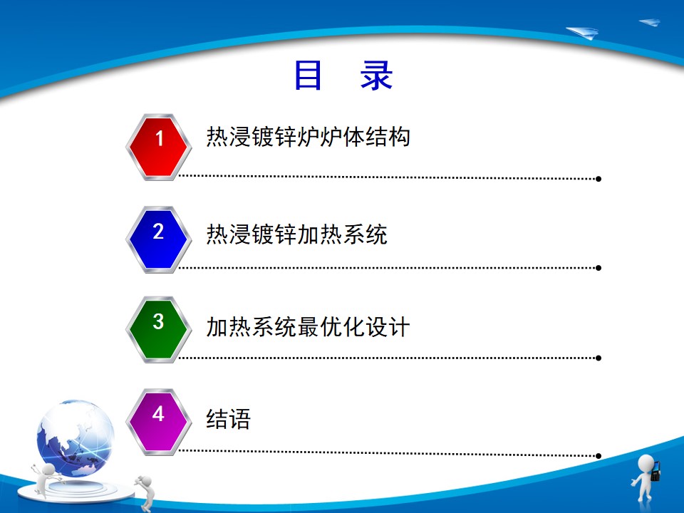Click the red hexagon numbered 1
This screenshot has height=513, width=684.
[159, 147]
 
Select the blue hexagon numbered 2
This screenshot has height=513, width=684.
[159, 239]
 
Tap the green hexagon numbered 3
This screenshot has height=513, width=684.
[159, 329]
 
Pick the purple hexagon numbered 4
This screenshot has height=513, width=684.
[159, 422]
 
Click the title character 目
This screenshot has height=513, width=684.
[308, 75]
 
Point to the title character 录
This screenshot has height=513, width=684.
[376, 75]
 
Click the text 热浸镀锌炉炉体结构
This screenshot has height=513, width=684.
[308, 137]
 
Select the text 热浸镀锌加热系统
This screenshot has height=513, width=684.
[296, 234]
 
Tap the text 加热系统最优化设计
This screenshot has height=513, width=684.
[308, 327]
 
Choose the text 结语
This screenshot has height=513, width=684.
[229, 419]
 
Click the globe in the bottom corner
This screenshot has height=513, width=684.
[76, 437]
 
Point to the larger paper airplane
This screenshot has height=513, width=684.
[582, 33]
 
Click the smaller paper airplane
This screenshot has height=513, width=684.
[650, 22]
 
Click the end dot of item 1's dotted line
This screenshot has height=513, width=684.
[598, 179]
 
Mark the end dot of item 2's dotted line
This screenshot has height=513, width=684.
[598, 268]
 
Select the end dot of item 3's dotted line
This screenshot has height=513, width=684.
[598, 358]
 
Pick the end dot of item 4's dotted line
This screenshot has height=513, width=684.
[598, 456]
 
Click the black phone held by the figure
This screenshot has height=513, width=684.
[655, 471]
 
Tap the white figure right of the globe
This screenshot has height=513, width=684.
[145, 493]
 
